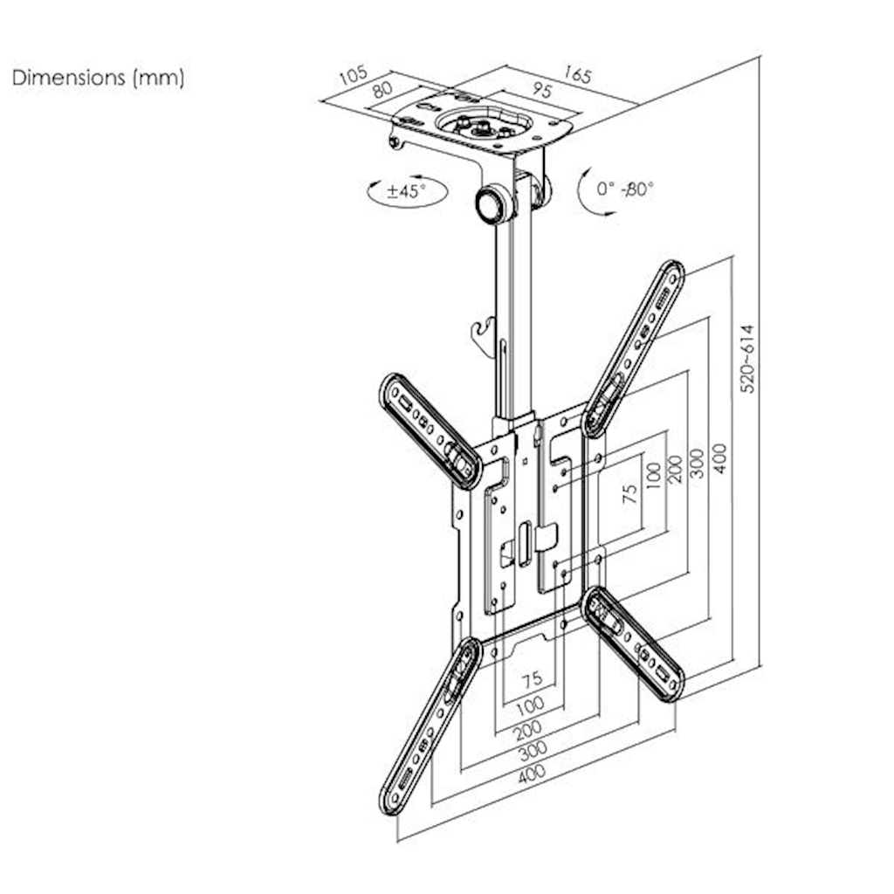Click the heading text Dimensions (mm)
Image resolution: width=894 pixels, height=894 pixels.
98,78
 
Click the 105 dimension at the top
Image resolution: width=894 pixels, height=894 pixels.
354,74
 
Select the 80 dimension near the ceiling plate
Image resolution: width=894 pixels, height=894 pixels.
381,91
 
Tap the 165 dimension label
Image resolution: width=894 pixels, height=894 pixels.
576,74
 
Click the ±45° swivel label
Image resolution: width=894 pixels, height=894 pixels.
406,191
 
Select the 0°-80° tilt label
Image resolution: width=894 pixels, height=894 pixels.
625,188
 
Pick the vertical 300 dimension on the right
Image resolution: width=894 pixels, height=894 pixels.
697,463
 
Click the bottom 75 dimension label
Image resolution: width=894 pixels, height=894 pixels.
531,678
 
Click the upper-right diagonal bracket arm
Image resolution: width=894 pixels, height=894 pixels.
634,347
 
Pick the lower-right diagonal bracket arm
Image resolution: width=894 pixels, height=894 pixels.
634,643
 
